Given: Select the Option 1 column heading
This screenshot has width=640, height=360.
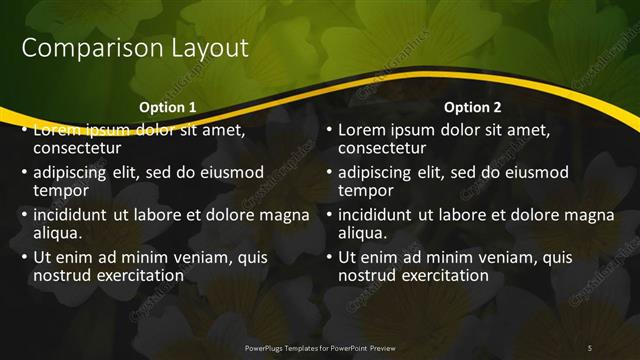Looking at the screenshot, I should coord(167,107).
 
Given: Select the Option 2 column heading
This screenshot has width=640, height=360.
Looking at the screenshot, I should coord(473,107).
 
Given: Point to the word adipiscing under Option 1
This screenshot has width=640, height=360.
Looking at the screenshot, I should coord(73,172).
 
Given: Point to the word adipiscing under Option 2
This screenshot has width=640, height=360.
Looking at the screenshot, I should coord(378,172).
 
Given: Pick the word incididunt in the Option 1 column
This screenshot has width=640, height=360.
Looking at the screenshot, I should coord(74,214).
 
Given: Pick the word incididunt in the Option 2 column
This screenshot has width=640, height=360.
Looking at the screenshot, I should coord(379,214).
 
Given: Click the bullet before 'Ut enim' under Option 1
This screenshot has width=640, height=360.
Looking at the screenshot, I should coord(24,257).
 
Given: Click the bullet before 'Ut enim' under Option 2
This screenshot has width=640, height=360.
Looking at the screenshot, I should coord(329,257).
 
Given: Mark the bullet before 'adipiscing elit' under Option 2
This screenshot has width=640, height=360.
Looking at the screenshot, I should coord(329,172).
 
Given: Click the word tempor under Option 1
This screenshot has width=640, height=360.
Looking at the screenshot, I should coord(62,190).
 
